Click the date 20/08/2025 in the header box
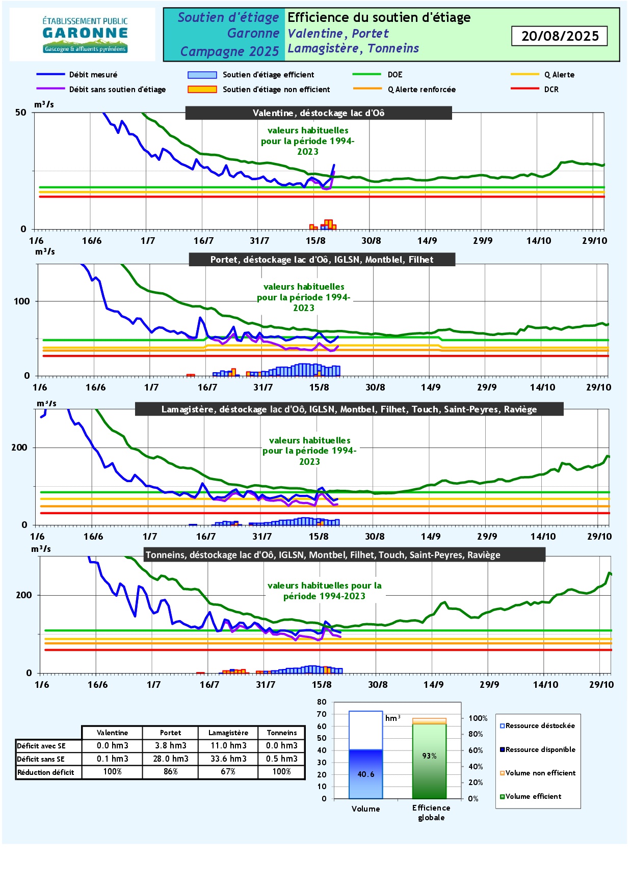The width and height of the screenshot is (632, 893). [560, 36]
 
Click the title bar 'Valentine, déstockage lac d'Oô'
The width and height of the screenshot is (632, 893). [319, 113]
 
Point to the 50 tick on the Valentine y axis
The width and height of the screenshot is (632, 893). [21, 113]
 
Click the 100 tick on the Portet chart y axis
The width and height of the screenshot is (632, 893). [22, 301]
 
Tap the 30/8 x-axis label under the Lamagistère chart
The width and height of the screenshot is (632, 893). [375, 536]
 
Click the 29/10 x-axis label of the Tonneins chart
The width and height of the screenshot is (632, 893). [601, 684]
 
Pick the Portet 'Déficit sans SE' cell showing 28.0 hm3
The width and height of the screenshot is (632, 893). [171, 759]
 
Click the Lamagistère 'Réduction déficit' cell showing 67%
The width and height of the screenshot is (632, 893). [228, 772]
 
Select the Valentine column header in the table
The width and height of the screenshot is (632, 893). [112, 733]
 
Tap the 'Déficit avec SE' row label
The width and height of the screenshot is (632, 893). [41, 746]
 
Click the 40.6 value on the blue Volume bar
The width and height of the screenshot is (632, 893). [366, 774]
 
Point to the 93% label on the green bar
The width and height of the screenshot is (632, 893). [430, 756]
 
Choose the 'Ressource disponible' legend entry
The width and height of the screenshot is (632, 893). [540, 749]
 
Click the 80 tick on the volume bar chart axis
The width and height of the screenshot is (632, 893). [322, 702]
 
